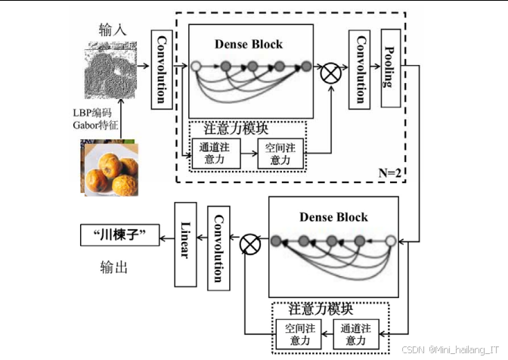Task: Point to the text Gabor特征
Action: [x=91, y=123]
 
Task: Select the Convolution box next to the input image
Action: [x=161, y=69]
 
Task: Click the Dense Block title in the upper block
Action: [x=249, y=44]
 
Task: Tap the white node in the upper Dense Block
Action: [x=197, y=67]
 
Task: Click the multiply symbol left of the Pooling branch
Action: [x=330, y=74]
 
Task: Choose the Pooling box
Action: [x=390, y=69]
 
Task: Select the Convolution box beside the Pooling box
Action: [x=360, y=69]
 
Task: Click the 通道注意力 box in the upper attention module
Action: [x=215, y=154]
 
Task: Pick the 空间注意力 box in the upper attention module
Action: [x=280, y=154]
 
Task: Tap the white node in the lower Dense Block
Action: [x=390, y=242]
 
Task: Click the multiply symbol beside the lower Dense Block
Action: [x=249, y=244]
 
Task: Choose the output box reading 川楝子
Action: [x=121, y=236]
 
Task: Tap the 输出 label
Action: [x=113, y=267]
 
